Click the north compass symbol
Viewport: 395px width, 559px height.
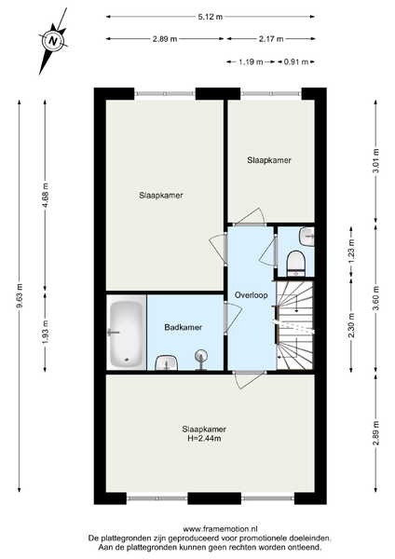coord(53,40)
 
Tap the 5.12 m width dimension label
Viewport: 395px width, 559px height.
coord(211,17)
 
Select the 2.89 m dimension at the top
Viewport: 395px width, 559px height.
coord(165,39)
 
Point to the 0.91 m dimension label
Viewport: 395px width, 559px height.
coord(296,62)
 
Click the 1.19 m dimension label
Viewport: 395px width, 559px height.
coord(251,62)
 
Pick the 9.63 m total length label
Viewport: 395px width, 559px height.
coord(20,297)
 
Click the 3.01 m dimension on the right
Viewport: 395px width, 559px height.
coord(376,161)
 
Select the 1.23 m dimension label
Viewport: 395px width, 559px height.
coord(351,251)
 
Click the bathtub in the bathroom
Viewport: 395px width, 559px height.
coord(126,334)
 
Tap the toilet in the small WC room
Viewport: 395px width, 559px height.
coord(296,264)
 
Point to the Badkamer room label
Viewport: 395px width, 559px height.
coord(184,327)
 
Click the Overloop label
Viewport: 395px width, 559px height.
coord(251,295)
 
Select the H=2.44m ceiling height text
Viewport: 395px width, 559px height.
coord(204,439)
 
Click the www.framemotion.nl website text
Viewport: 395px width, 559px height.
coord(220,528)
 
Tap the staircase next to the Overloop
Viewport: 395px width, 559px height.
coord(295,325)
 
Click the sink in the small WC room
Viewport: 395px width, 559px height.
coord(306,236)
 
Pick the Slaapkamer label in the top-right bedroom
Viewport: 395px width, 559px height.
coord(269,160)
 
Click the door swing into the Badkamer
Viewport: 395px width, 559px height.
coord(232,319)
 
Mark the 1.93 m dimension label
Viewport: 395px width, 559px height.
coord(45,333)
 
